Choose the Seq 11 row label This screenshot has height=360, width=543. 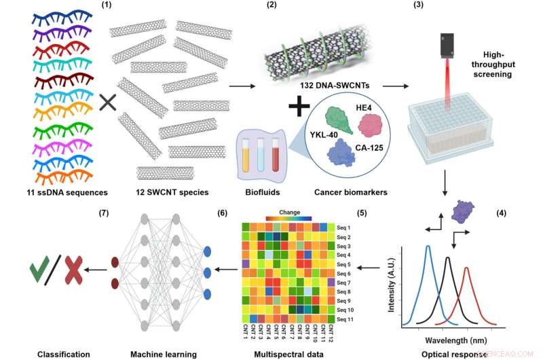pyautogui.click(x=346, y=318)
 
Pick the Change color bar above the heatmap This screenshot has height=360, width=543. pyautogui.click(x=284, y=219)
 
